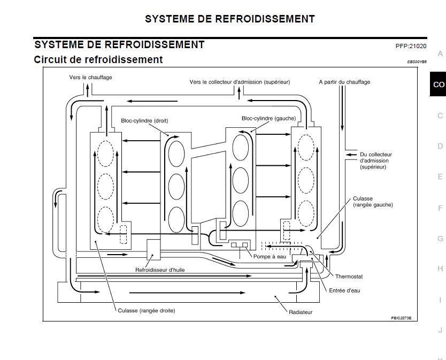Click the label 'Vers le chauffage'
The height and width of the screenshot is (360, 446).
coord(90,78)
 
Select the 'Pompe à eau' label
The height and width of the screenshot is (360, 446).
coord(270,257)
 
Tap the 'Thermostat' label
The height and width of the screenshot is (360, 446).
coord(349,277)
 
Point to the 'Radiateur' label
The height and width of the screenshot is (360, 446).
coord(301,312)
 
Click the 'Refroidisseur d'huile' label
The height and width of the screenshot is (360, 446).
coord(160,270)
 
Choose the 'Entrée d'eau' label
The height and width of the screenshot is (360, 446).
coord(345,290)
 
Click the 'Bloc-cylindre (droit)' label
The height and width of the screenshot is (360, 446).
coord(144,121)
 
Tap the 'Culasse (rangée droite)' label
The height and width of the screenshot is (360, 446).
coord(147,310)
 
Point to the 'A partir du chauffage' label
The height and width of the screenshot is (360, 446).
coord(344,82)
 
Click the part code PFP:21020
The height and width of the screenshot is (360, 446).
coord(411,47)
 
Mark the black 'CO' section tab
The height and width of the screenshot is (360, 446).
coord(439,85)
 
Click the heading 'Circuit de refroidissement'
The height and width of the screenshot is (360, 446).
coord(98,59)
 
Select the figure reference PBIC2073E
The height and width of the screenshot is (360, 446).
coord(401,318)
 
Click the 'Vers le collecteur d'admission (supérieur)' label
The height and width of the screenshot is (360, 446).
coord(240,82)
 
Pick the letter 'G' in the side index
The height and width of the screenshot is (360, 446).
coord(440,239)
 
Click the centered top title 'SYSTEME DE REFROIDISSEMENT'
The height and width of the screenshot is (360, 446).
coord(229,19)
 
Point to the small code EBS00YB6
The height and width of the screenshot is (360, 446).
coord(417,62)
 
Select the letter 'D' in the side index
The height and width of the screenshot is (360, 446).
coord(440,146)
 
